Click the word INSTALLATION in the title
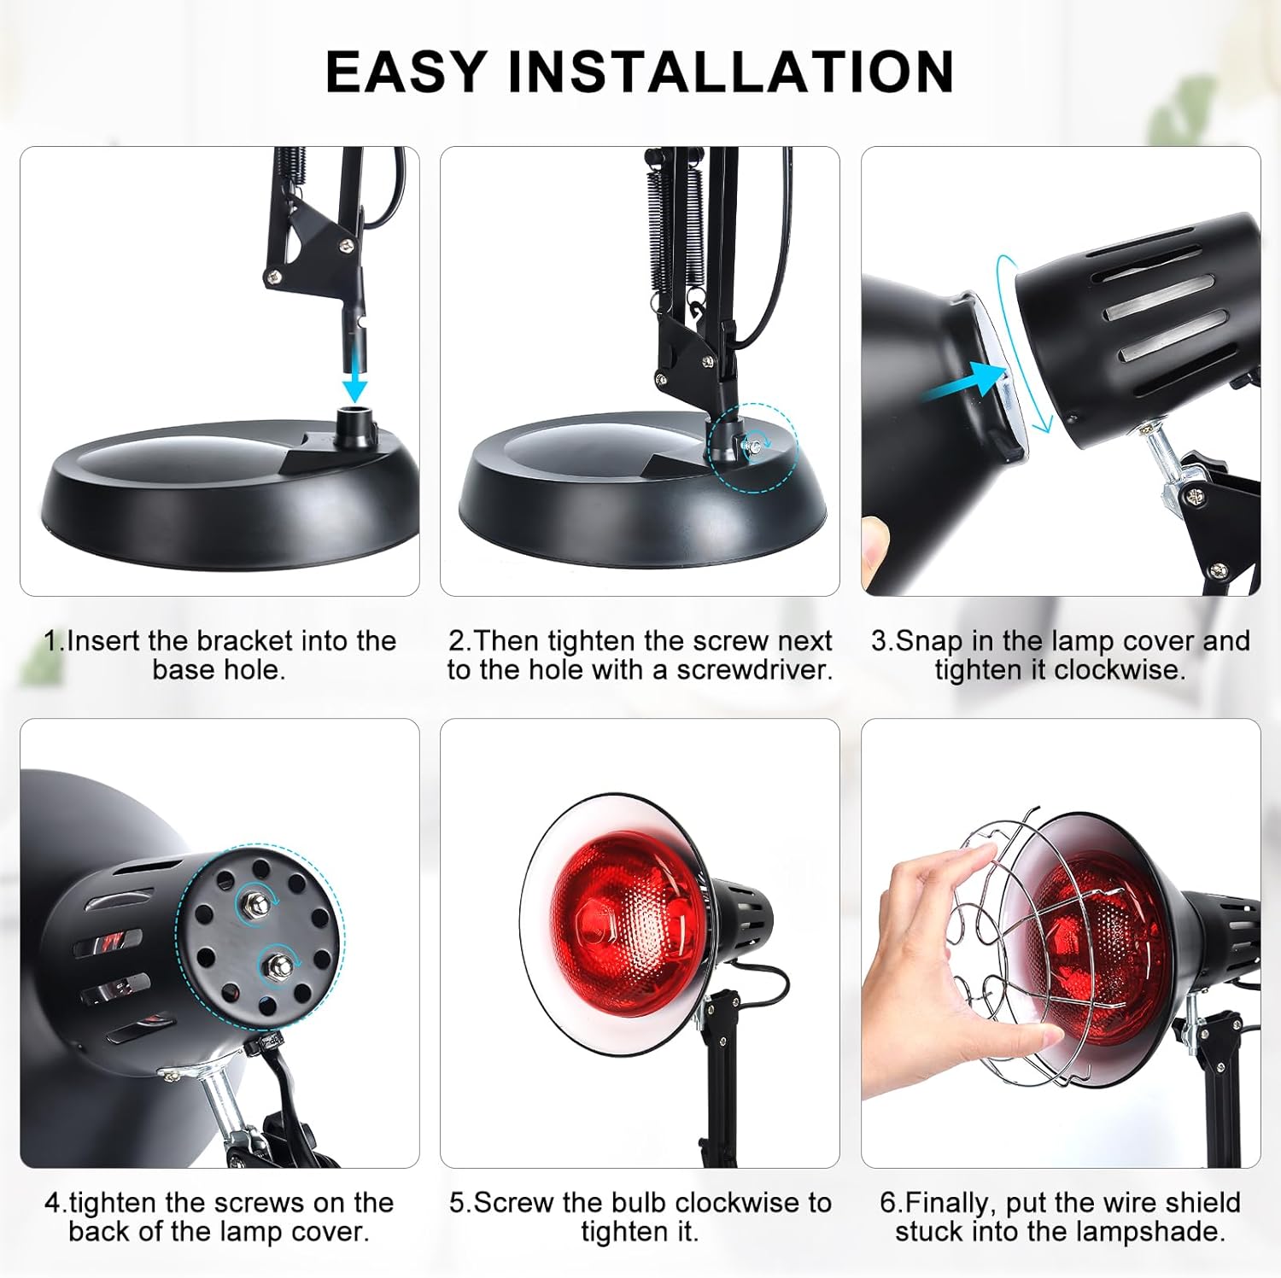coord(731,72)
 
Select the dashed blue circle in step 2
coord(753,447)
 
